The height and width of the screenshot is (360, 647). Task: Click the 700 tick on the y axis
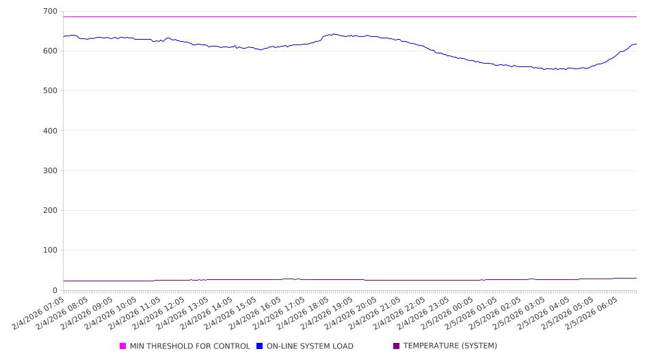pyautogui.click(x=50, y=12)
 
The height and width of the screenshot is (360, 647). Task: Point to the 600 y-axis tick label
pyautogui.click(x=50, y=51)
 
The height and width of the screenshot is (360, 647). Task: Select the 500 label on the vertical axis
pyautogui.click(x=50, y=91)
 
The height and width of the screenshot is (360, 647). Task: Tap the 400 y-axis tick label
pyautogui.click(x=50, y=131)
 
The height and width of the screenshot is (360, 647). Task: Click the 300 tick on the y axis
pyautogui.click(x=50, y=170)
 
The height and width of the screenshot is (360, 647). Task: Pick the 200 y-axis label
pyautogui.click(x=50, y=211)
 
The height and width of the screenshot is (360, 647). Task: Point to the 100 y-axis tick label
pyautogui.click(x=50, y=250)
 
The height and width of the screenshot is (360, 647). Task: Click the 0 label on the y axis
pyautogui.click(x=55, y=290)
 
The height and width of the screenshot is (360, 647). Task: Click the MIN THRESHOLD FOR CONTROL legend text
pyautogui.click(x=190, y=346)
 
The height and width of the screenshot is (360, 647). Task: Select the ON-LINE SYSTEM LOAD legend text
pyautogui.click(x=310, y=346)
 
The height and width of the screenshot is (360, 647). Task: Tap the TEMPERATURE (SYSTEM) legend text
pyautogui.click(x=450, y=346)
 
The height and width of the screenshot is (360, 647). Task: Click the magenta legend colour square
pyautogui.click(x=123, y=346)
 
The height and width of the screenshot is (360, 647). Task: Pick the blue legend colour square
pyautogui.click(x=260, y=346)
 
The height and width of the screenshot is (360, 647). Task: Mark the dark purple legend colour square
pyautogui.click(x=397, y=346)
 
